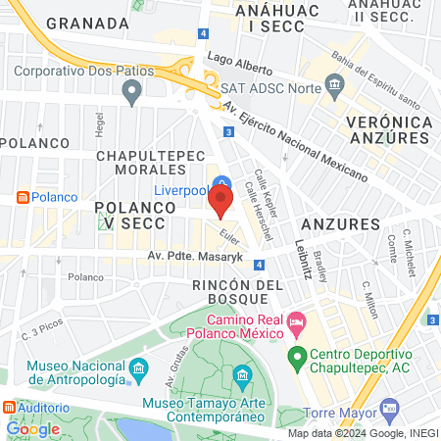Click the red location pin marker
coord(220,202)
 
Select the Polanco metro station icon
coord(23,197)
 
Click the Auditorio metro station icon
coord(10,407)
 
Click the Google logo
coord(32,428)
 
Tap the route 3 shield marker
coord(227,131)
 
